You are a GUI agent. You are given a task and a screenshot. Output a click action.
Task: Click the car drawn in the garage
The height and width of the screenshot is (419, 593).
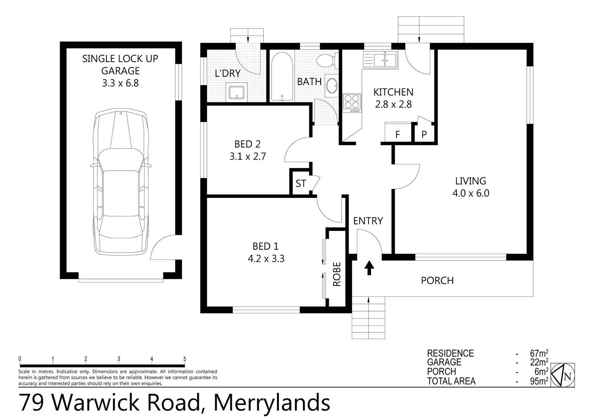pyautogui.click(x=121, y=182)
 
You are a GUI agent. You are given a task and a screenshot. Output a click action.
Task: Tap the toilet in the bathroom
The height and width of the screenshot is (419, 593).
pyautogui.click(x=327, y=61)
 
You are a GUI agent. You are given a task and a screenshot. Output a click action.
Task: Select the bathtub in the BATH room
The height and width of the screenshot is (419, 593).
pyautogui.click(x=282, y=76)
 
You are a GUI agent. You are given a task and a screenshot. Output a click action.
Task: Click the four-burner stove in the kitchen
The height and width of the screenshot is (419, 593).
pyautogui.click(x=352, y=103)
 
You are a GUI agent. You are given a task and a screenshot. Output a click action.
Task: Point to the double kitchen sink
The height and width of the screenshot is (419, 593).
pyautogui.click(x=380, y=60)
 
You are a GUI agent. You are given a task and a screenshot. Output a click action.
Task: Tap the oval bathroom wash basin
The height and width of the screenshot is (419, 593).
pyautogui.click(x=332, y=86)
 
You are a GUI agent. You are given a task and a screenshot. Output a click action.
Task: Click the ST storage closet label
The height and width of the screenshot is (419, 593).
pyautogui.click(x=301, y=184)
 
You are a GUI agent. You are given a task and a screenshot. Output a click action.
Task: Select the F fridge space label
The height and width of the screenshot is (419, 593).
pyautogui.click(x=398, y=135)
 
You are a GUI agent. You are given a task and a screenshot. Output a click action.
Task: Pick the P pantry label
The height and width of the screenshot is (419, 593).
pyautogui.click(x=424, y=135)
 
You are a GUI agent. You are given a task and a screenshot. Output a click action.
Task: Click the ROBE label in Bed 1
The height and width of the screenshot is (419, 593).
pyautogui.click(x=337, y=274)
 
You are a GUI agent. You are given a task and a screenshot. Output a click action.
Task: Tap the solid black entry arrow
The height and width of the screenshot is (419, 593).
pyautogui.click(x=369, y=268)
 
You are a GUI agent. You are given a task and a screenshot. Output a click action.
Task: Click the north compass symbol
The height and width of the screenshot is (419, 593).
pyautogui.click(x=563, y=375)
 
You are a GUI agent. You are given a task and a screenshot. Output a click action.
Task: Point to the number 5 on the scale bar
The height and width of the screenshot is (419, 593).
pyautogui.click(x=185, y=359)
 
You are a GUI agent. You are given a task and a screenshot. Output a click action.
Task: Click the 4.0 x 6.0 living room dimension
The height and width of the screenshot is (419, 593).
pyautogui.click(x=471, y=193)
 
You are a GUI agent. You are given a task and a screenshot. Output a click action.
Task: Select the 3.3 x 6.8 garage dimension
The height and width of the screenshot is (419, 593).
pyautogui.click(x=121, y=83)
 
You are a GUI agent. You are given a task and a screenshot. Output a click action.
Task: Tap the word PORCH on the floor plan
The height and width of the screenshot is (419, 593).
pyautogui.click(x=437, y=280)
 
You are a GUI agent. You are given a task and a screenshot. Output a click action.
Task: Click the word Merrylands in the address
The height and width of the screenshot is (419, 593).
pyautogui.click(x=272, y=403)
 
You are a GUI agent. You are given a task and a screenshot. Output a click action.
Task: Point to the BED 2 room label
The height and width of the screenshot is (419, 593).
pyautogui.click(x=247, y=144)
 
